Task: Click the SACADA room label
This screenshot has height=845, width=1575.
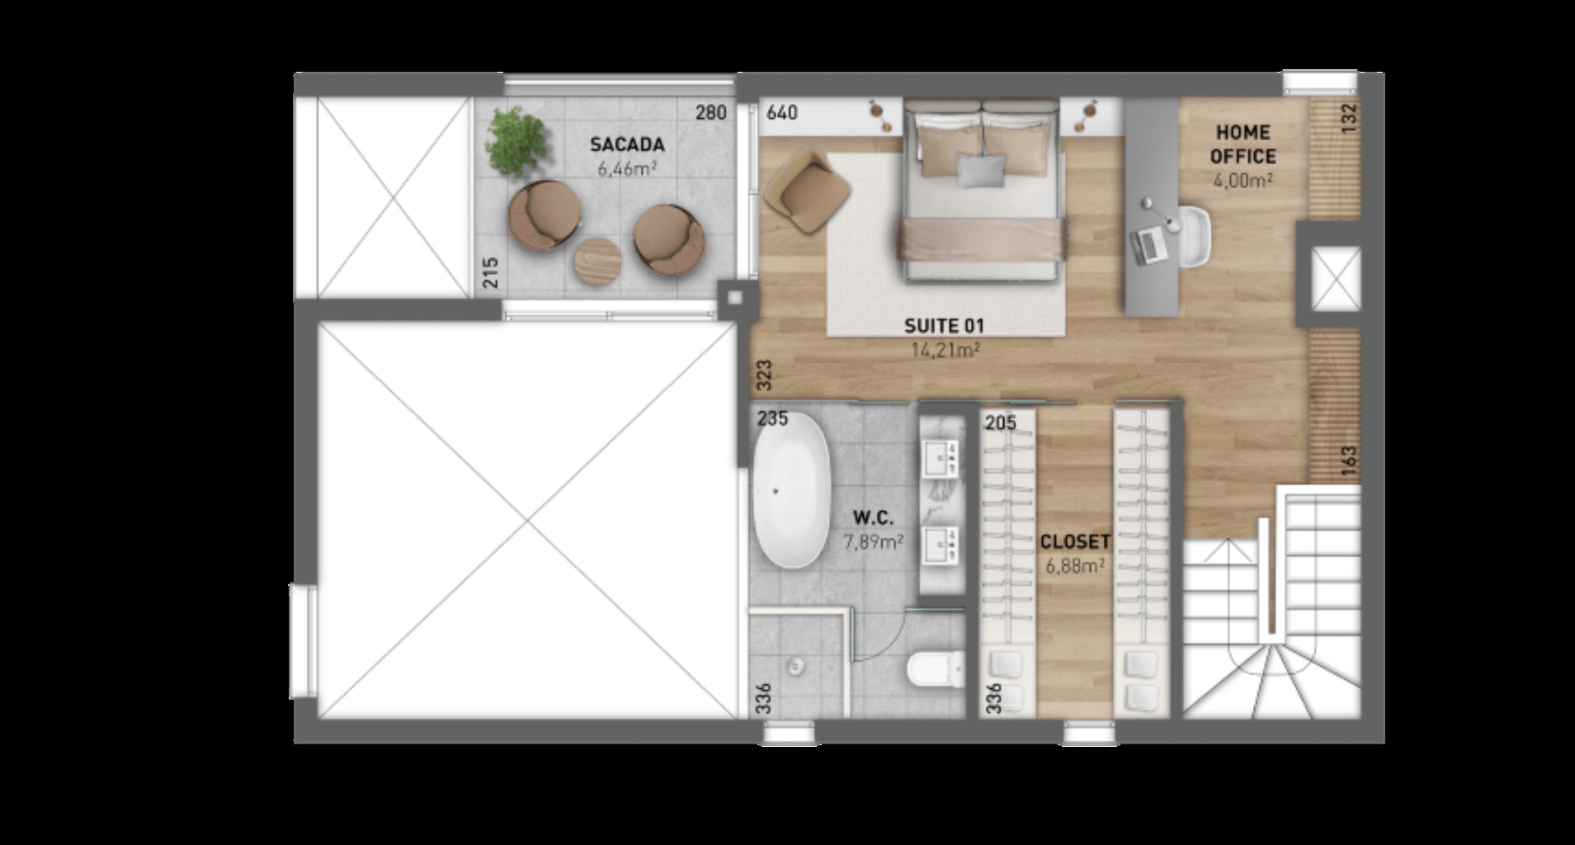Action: click(626, 145)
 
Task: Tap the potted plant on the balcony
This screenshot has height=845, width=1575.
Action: click(515, 140)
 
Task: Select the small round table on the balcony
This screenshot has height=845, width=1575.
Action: click(600, 262)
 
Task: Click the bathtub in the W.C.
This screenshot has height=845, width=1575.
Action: click(790, 490)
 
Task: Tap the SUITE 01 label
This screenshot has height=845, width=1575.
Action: click(944, 326)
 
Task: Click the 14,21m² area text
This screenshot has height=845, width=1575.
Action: click(945, 350)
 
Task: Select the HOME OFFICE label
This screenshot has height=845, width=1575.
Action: click(1243, 144)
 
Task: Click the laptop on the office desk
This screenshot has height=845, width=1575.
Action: click(1148, 245)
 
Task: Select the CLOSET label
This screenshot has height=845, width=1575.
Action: click(1074, 542)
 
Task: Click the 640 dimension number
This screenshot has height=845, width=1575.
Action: click(781, 112)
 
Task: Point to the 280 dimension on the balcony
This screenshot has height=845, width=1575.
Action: click(710, 112)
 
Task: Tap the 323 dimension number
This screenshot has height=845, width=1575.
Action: click(763, 376)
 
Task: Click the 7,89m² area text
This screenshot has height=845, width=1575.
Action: click(873, 542)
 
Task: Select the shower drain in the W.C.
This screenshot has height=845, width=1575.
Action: click(796, 665)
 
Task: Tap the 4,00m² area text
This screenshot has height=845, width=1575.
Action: click(1243, 179)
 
